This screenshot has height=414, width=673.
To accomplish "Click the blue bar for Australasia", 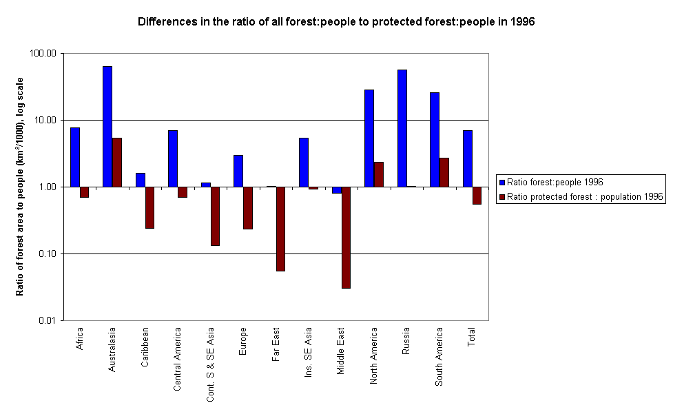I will pyautogui.click(x=107, y=126).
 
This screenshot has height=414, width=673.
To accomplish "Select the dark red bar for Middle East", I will pyautogui.click(x=346, y=237).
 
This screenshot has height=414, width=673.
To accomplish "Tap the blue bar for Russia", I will pyautogui.click(x=402, y=128).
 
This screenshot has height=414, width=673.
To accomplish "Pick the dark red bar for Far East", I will pyautogui.click(x=280, y=229).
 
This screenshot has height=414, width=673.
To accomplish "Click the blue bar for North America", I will pyautogui.click(x=369, y=138).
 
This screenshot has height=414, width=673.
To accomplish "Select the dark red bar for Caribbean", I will pyautogui.click(x=149, y=207).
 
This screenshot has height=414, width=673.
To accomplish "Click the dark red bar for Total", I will pyautogui.click(x=477, y=196).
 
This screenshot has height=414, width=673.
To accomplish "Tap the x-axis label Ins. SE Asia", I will pyautogui.click(x=309, y=349).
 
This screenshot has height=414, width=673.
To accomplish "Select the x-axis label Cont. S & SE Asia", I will pyautogui.click(x=210, y=364).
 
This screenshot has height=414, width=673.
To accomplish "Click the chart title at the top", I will pyautogui.click(x=336, y=21).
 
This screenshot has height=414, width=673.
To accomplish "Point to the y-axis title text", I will pyautogui.click(x=21, y=187).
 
